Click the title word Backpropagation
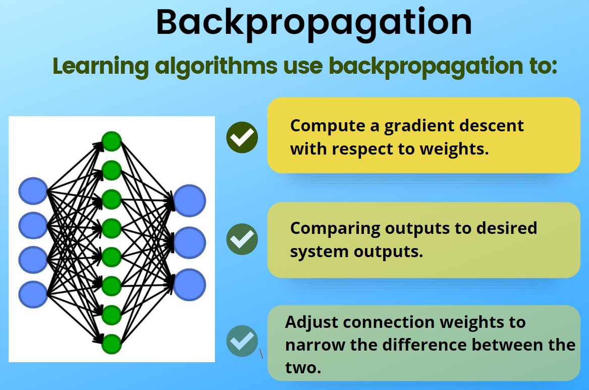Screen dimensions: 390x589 click(313, 22)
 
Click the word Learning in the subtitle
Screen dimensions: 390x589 click(100, 66)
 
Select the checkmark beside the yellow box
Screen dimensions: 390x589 click(242, 137)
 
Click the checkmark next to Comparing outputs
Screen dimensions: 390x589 click(242, 239)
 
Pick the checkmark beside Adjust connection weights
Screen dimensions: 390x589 click(242, 341)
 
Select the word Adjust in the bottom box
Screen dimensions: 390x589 click(312, 322)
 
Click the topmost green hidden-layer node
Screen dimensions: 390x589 click(112, 141)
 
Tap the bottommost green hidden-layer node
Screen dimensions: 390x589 click(112, 344)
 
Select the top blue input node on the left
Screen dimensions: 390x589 click(33, 191)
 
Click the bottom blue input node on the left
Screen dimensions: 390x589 click(33, 294)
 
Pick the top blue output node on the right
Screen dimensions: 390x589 click(190, 201)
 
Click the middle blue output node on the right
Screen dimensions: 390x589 click(190, 243)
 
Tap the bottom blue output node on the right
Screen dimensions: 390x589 click(190, 285)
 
